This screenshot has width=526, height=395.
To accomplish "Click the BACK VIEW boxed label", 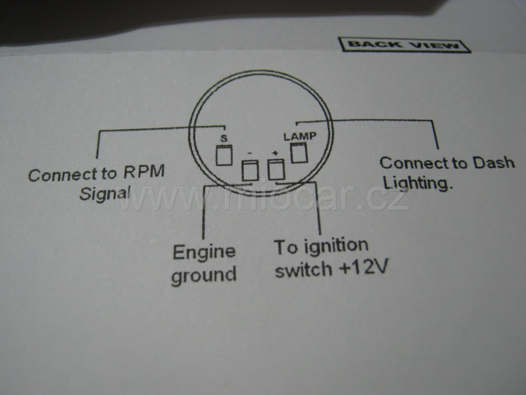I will pyautogui.click(x=404, y=45).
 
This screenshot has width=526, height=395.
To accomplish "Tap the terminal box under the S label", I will pyautogui.click(x=224, y=155).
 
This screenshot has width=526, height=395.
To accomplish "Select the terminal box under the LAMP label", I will pyautogui.click(x=299, y=153).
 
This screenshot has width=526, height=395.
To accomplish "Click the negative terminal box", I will pyautogui.click(x=249, y=170).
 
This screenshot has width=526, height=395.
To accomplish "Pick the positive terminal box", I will pyautogui.click(x=276, y=169).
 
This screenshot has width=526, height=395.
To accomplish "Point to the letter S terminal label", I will pyautogui.click(x=223, y=138).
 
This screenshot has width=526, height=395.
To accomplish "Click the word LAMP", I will pyautogui.click(x=300, y=136).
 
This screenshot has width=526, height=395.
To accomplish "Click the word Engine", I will pyautogui.click(x=204, y=252).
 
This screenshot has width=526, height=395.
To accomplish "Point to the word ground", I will pyautogui.click(x=203, y=275).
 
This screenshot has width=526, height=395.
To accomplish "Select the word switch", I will pyautogui.click(x=303, y=270).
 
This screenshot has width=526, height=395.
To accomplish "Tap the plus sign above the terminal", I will pyautogui.click(x=275, y=153).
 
